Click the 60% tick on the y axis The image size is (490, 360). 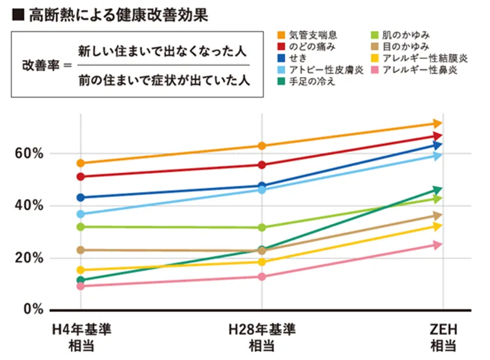[x=29, y=153]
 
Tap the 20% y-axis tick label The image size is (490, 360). [x=29, y=258]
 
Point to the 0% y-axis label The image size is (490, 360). [x=33, y=309]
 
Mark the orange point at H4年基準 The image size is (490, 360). [x=80, y=163]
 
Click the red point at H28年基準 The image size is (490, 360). [x=262, y=165]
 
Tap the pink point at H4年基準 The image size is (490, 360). [x=80, y=286]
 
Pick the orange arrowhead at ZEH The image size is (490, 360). [x=437, y=123]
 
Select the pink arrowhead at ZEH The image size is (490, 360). [x=437, y=245]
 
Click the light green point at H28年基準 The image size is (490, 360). [x=262, y=227]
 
